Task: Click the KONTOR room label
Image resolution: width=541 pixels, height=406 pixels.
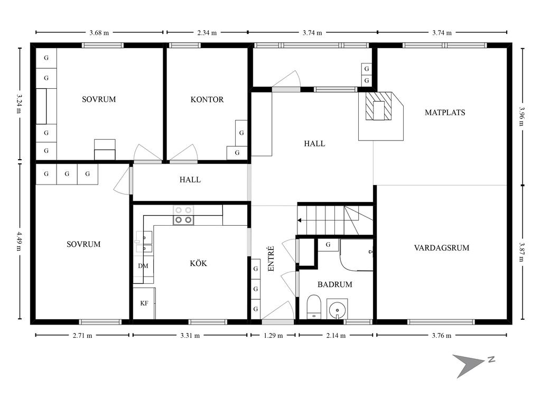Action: (x=207, y=99)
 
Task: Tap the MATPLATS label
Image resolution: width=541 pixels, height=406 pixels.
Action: (x=445, y=112)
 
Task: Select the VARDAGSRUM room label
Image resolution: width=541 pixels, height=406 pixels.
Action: (x=442, y=247)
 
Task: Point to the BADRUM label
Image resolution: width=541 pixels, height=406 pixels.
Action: (x=334, y=284)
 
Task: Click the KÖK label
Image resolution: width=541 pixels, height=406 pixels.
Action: (x=199, y=263)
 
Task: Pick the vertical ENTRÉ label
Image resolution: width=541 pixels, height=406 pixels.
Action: (x=271, y=259)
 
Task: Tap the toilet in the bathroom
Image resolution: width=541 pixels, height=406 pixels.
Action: (x=314, y=307)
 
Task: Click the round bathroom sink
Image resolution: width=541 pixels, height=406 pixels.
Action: (x=337, y=309)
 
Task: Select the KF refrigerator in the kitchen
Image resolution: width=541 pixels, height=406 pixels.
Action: (x=144, y=303)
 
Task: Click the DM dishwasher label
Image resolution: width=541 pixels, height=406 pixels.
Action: (x=143, y=266)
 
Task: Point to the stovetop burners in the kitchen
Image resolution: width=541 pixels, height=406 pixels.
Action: (x=183, y=215)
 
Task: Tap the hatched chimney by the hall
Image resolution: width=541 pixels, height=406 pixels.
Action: (x=379, y=106)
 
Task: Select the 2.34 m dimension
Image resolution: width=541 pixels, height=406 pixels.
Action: (x=207, y=32)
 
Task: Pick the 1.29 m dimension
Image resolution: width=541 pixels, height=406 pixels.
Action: (x=273, y=335)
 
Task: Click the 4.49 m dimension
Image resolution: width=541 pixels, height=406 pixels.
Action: (x=20, y=241)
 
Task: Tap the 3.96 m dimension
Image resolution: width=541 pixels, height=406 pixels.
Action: (x=523, y=116)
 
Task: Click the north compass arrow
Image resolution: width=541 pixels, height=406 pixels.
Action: (x=468, y=365)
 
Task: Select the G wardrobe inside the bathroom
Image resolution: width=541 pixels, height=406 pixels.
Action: (x=328, y=245)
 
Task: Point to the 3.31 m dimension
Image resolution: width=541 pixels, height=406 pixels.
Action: (x=190, y=335)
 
